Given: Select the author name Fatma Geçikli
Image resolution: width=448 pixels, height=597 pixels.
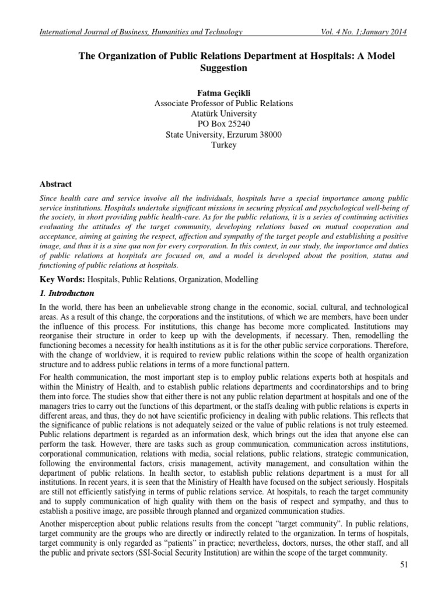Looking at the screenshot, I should [x=223, y=92].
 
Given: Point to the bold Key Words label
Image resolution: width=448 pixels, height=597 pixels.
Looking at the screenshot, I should [x=60, y=280].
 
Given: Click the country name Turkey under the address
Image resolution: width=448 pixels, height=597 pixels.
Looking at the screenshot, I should [x=223, y=145].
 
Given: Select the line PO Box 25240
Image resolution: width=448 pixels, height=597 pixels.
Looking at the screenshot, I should [x=223, y=124].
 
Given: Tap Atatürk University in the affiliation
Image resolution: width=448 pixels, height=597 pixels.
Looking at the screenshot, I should [x=223, y=114].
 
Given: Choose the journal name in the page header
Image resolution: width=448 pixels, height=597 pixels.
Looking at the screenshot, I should [x=140, y=31].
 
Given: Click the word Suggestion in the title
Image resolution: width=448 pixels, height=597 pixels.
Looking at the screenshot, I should [x=223, y=68].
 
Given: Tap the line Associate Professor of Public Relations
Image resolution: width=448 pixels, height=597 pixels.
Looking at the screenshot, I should [x=223, y=103].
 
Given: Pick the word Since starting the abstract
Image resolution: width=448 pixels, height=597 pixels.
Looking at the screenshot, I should [x=48, y=198].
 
